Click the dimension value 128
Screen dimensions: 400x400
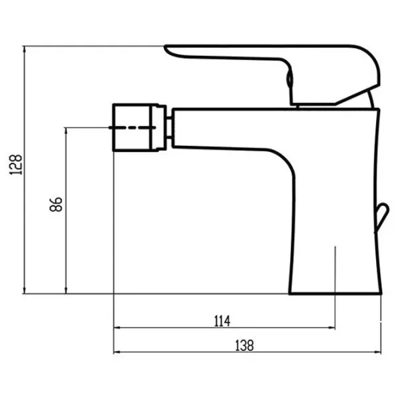click(x=16, y=165)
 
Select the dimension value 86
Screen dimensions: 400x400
click(x=56, y=205)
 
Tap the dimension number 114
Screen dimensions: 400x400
click(x=222, y=321)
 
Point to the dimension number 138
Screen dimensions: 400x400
click(x=244, y=345)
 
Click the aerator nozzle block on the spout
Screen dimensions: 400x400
click(x=139, y=127)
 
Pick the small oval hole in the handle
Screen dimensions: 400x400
click(x=289, y=79)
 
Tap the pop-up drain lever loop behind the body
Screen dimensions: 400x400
click(x=382, y=217)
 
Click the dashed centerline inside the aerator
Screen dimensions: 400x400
click(x=133, y=127)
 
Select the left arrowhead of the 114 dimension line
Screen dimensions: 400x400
click(x=117, y=328)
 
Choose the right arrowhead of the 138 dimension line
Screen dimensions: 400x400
click(x=377, y=352)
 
